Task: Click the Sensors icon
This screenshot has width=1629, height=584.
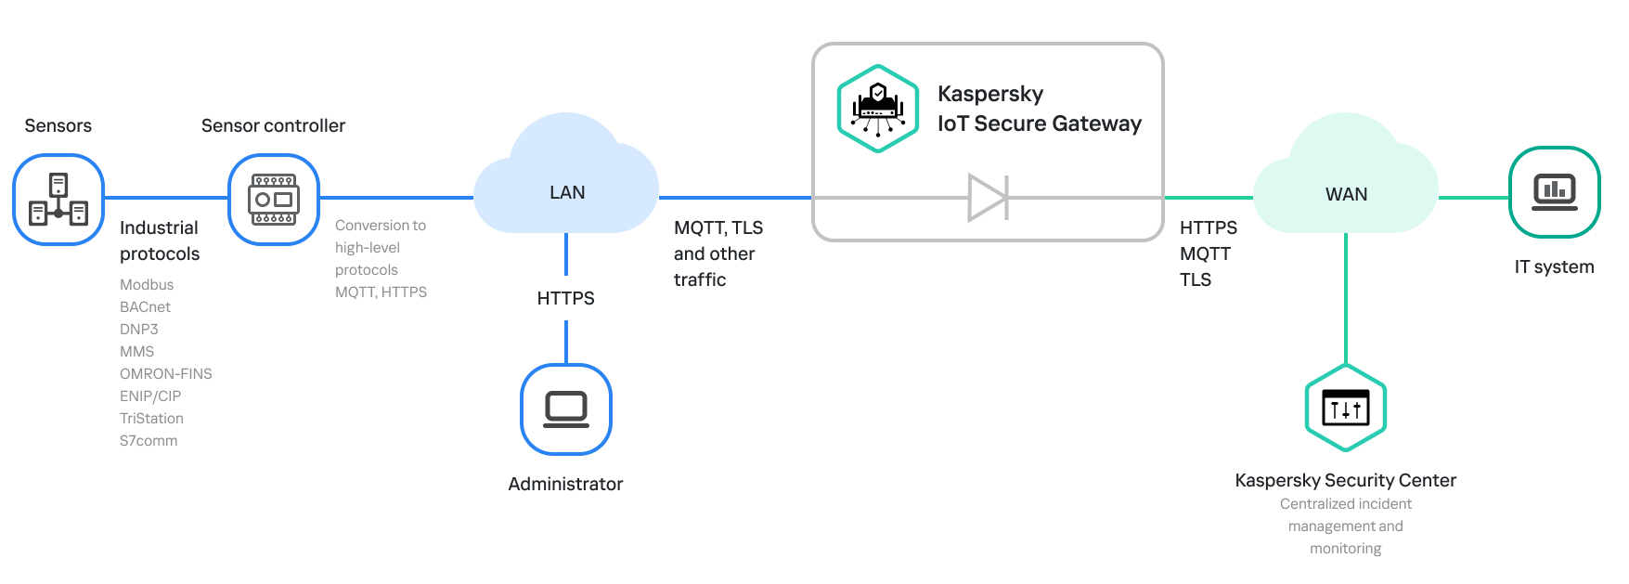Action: [x=58, y=200]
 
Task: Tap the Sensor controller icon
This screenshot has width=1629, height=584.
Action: [x=274, y=200]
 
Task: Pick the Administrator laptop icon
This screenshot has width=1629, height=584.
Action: [x=566, y=409]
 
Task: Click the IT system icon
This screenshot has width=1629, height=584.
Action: [x=1555, y=192]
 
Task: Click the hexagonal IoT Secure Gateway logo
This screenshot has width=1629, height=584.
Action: [x=878, y=109]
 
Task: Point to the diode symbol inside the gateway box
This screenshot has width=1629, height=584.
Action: [x=988, y=198]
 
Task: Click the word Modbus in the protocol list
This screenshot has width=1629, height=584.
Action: [x=147, y=285]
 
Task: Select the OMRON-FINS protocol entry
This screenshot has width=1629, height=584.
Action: [x=166, y=374]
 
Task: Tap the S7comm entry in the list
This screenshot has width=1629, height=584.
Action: [x=149, y=441]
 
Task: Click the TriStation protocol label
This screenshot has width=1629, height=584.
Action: [x=151, y=419]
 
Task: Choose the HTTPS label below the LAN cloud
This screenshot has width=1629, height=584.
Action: [x=566, y=298]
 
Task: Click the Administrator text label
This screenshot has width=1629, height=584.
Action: [x=565, y=484]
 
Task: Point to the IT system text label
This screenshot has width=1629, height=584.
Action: [x=1555, y=267]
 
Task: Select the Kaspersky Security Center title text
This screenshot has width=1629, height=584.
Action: [x=1346, y=480]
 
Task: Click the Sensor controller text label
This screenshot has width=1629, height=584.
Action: [x=273, y=125]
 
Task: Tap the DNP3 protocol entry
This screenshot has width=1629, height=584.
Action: [x=139, y=330]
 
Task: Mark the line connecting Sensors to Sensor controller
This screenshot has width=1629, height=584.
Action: [x=166, y=198]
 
